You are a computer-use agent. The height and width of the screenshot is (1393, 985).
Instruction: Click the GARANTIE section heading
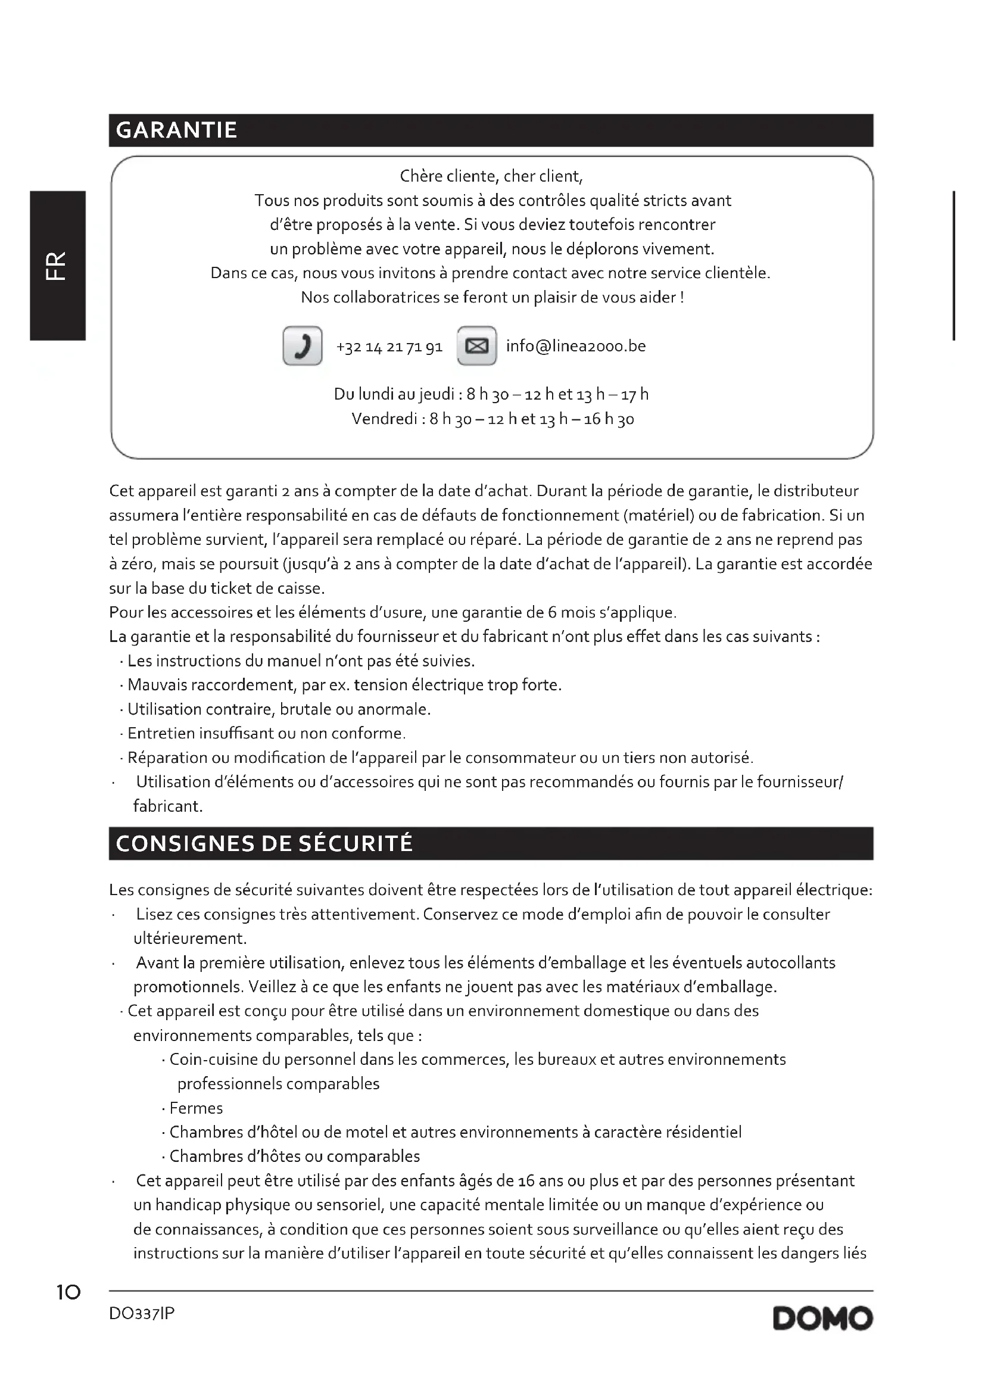176,130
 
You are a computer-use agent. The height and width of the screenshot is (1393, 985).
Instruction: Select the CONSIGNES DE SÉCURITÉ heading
264,843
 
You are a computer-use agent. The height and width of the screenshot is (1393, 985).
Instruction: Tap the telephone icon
302,346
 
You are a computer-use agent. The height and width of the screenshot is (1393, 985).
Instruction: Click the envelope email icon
477,346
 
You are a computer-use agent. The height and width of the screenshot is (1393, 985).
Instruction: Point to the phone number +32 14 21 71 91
389,347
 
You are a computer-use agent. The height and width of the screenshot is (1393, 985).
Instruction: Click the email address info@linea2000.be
576,346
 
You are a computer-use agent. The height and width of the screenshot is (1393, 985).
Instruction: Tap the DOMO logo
822,1319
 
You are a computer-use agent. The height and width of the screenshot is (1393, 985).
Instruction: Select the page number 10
68,1292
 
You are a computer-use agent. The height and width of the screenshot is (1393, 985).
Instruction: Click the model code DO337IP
142,1314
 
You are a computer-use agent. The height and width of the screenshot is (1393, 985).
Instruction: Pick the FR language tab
57,266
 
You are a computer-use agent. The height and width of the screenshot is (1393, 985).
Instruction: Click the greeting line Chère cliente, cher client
491,176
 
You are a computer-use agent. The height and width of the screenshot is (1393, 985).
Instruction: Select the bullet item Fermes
196,1108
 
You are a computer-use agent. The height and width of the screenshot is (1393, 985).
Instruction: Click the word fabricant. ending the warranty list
168,806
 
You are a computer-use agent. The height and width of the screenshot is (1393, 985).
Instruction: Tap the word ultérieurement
190,939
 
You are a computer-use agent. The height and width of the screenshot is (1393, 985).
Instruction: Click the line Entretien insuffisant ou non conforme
266,734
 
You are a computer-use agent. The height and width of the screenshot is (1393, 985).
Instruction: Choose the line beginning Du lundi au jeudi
491,394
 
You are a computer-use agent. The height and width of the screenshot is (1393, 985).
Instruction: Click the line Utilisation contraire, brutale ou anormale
279,709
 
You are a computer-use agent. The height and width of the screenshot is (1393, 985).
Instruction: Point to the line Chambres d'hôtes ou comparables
294,1157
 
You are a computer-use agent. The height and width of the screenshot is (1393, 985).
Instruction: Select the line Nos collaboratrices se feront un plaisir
492,298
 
